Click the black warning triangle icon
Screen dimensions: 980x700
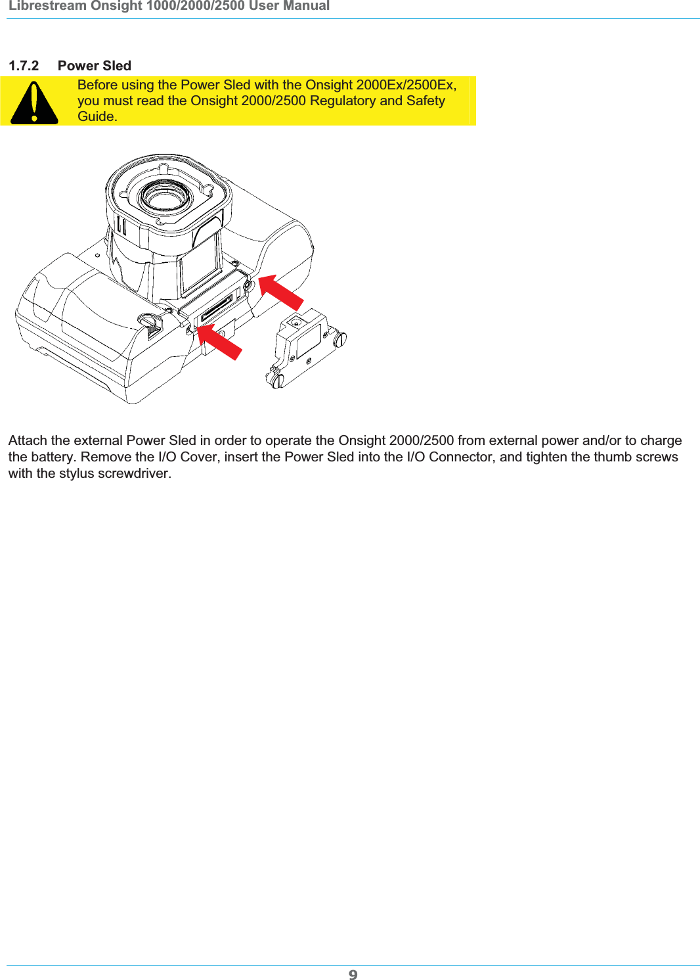point(34,103)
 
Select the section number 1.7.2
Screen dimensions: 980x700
point(24,66)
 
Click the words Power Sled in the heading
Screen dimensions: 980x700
point(95,66)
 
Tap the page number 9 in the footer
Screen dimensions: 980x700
point(353,974)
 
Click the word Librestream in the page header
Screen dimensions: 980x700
point(48,6)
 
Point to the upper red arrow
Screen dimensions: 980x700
point(280,292)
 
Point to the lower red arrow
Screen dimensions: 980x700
point(219,342)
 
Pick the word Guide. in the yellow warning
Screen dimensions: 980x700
point(97,116)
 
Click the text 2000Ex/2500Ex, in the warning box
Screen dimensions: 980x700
point(406,85)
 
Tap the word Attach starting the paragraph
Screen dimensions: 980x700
point(28,440)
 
